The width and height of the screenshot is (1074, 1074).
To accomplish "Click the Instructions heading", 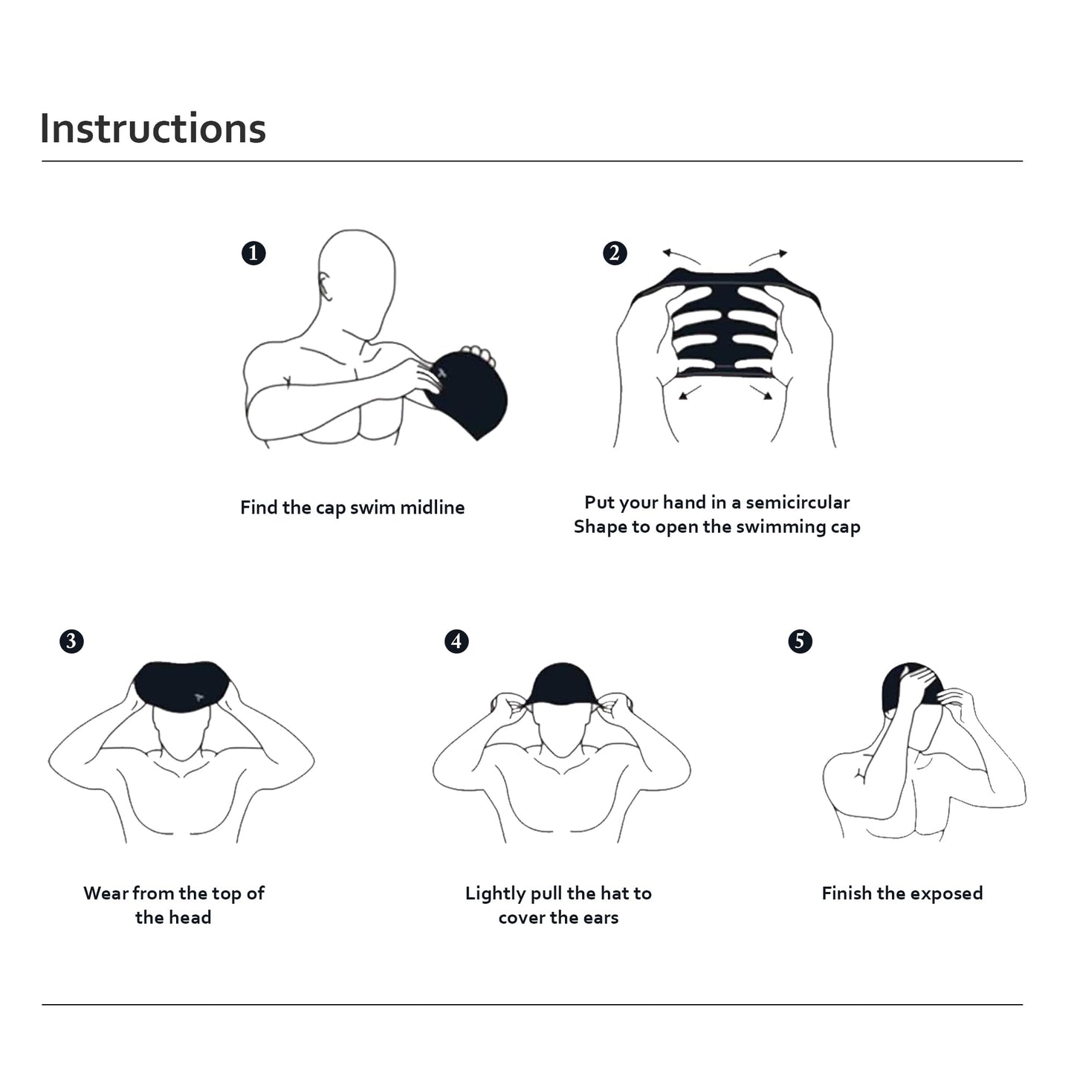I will [x=152, y=129].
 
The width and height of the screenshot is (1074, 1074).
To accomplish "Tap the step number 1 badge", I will [x=253, y=253].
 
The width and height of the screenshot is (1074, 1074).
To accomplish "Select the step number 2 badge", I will [x=615, y=253].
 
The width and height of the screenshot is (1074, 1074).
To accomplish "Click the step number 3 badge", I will [x=71, y=641].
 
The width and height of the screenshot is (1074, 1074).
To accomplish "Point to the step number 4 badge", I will [x=456, y=641].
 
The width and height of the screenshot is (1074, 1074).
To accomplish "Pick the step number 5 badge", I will [x=800, y=641].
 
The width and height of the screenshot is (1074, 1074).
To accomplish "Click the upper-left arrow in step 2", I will [x=679, y=256].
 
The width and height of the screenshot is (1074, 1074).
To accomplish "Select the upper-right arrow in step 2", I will [x=769, y=256].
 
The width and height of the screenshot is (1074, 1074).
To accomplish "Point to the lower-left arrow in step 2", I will [x=690, y=391].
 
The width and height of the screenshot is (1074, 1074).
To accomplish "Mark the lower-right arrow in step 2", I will [x=762, y=392].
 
